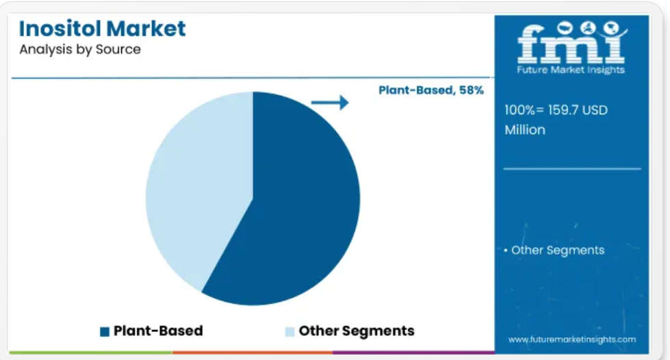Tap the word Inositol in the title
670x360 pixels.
(x=59, y=29)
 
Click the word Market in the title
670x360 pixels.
(x=146, y=29)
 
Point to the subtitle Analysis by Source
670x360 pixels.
(x=80, y=49)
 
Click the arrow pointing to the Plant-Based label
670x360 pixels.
(x=330, y=102)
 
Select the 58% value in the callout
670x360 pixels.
(x=472, y=90)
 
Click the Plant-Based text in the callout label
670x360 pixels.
(x=417, y=90)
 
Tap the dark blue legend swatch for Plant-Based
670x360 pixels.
(x=105, y=331)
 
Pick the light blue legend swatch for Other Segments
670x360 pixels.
(x=289, y=331)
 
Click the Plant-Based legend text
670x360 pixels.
(x=158, y=331)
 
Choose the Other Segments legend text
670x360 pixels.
(x=357, y=331)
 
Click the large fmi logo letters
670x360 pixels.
(x=571, y=44)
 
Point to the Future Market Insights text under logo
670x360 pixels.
(x=571, y=70)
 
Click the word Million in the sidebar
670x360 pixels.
(x=525, y=130)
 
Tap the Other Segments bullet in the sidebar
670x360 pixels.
(x=554, y=250)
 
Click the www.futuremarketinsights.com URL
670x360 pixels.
(x=571, y=340)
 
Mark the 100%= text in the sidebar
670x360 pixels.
(x=524, y=110)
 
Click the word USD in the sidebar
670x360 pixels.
(x=595, y=110)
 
